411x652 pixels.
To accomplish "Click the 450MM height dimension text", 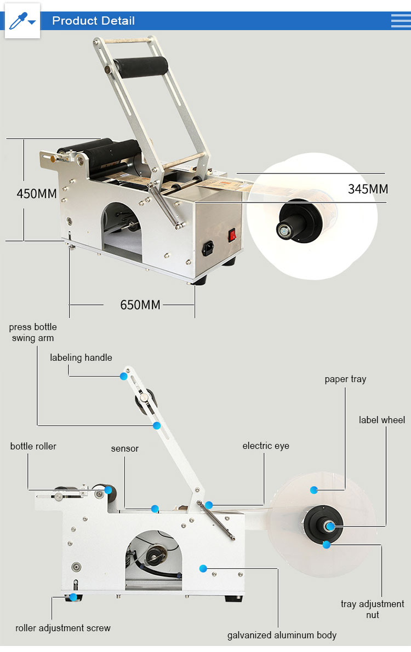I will coord(37,194).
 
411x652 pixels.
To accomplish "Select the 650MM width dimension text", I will coord(140,305).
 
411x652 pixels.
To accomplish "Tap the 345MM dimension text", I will coord(368,189).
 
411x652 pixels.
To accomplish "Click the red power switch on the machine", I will coord(232,235).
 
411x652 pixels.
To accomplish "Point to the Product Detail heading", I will coord(93,21).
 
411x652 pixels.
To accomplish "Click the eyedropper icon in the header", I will coord(22,21).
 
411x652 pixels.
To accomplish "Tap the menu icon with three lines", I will coord(401,21).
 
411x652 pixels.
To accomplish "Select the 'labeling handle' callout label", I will coord(81,357).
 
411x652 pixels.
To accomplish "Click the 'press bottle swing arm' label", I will coord(33,332).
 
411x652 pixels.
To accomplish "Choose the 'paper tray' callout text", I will coord(345,379).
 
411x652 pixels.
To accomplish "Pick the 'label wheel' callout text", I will coord(382,420).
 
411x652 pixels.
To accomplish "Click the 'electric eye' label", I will coord(266,446).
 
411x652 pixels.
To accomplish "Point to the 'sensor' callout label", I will coord(125,448).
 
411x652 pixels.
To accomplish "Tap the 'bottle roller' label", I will coord(33,446).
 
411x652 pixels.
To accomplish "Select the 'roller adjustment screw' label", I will coord(63,628).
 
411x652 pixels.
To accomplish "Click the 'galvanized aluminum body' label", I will coord(282,635).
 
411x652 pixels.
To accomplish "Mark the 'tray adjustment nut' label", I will coord(373,609).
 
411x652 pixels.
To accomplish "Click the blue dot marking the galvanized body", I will coord(203,568).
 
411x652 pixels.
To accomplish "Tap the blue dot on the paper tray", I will coord(313,489).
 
